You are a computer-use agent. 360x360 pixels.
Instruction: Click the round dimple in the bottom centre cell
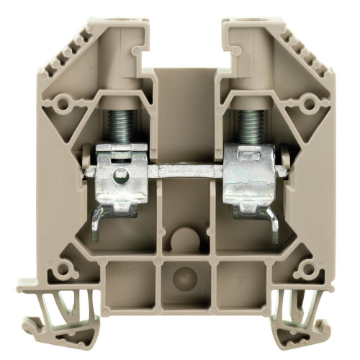(181, 276)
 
